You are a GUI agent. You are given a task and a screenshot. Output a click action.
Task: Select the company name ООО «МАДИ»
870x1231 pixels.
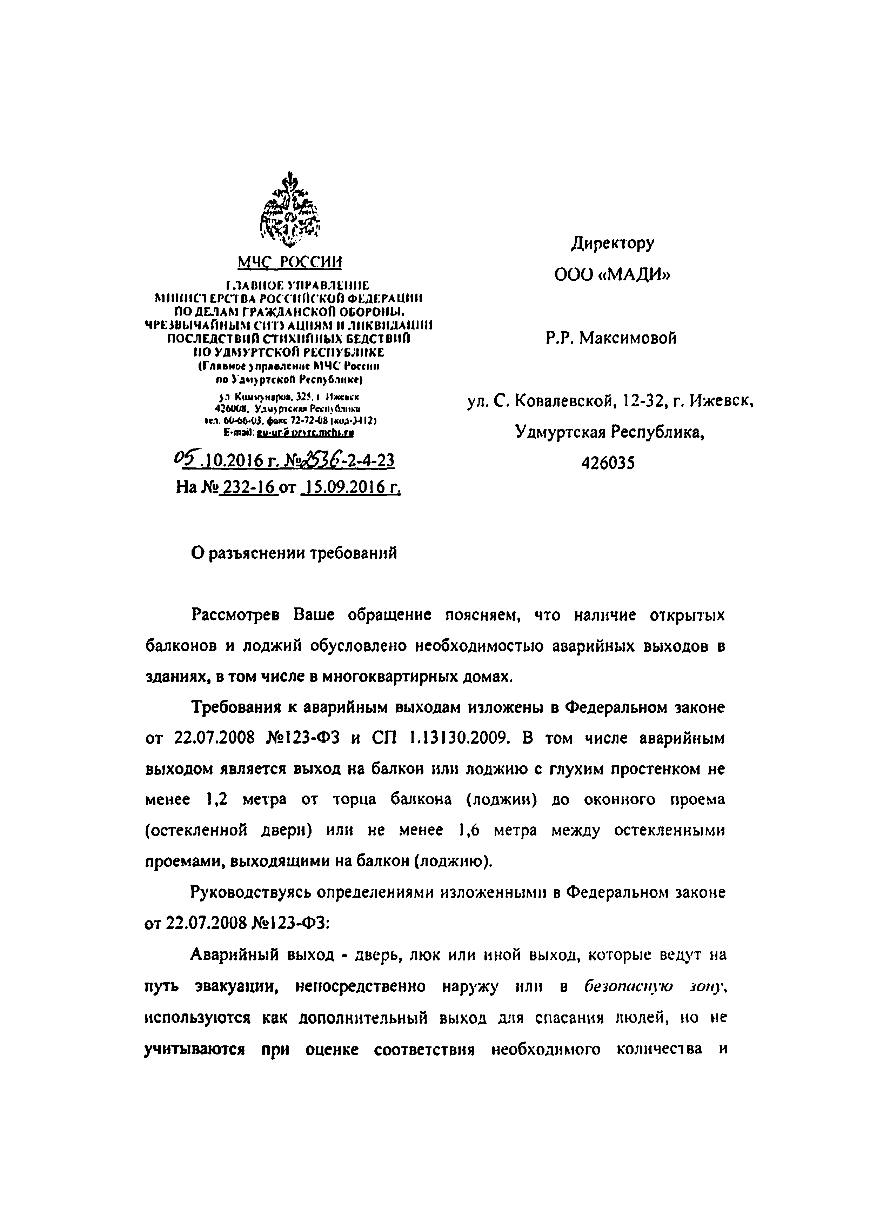(612, 275)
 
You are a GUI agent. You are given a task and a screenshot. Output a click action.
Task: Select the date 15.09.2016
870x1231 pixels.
(351, 487)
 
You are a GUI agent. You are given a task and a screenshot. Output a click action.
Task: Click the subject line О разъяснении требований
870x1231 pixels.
(294, 553)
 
